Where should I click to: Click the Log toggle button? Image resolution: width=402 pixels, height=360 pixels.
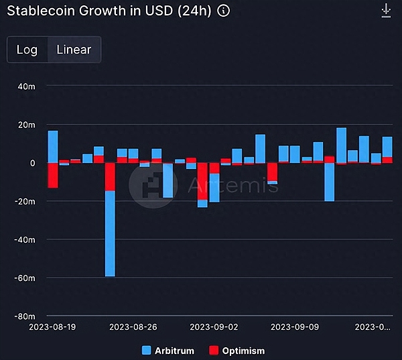click(27, 50)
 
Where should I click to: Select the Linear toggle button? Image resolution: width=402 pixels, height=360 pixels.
click(74, 50)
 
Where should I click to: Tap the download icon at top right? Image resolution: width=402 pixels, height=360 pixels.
click(385, 11)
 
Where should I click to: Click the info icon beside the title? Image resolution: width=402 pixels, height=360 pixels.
click(224, 11)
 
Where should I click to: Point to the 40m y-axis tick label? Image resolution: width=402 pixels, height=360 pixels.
click(26, 86)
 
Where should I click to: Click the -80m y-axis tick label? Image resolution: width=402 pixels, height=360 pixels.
click(25, 316)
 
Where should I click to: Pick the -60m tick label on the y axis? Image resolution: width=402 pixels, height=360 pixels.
click(25, 278)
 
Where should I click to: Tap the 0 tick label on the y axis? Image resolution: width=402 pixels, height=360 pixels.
click(31, 163)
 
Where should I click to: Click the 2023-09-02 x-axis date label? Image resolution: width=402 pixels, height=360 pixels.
click(214, 327)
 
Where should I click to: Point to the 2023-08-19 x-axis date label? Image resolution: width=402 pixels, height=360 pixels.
click(54, 327)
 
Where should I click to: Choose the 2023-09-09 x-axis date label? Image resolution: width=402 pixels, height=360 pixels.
click(293, 327)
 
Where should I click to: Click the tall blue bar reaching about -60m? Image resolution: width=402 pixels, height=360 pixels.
click(110, 235)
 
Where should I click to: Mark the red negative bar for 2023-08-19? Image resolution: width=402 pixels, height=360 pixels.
click(53, 175)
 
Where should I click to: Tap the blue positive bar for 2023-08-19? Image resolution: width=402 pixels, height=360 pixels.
click(53, 147)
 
